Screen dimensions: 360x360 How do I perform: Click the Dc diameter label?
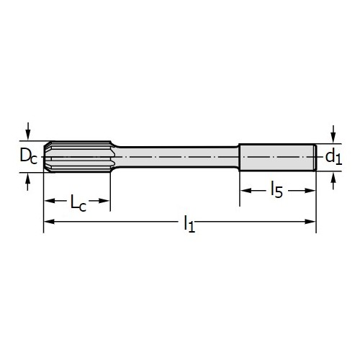pyautogui.click(x=29, y=156)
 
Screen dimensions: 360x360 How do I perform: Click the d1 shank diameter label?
pyautogui.click(x=333, y=158)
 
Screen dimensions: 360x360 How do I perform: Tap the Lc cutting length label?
pyautogui.click(x=78, y=203)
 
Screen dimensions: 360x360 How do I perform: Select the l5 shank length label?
pyautogui.click(x=276, y=189)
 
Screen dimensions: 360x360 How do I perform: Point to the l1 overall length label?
pyautogui.click(x=189, y=224)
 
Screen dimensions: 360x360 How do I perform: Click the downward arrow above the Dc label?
pyautogui.click(x=28, y=131)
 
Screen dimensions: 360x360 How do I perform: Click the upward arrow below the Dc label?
pyautogui.click(x=28, y=181)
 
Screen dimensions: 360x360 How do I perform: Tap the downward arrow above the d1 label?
pyautogui.click(x=333, y=134)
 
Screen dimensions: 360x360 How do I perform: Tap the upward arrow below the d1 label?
pyautogui.click(x=333, y=180)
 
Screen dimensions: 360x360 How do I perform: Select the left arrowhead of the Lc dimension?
pyautogui.click(x=49, y=201)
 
